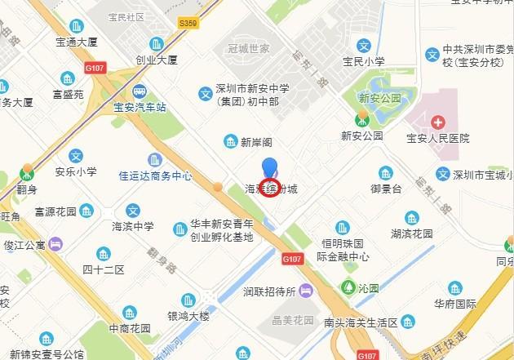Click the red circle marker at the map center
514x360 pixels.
[268, 187]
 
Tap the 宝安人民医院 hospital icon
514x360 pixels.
[439, 122]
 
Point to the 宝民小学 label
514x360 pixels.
[365, 61]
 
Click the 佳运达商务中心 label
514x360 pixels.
[155, 175]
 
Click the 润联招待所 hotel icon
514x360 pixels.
[305, 290]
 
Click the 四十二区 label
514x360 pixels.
[103, 269]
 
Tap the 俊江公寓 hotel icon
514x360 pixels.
[55, 244]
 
